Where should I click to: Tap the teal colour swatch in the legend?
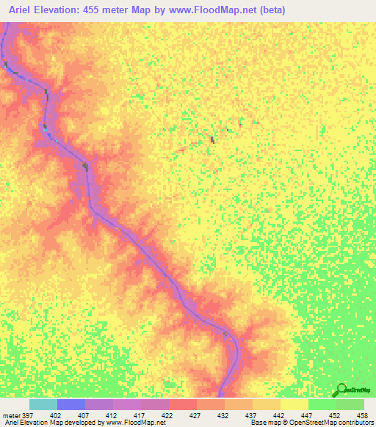coord(43,404)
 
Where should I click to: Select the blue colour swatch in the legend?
coord(70,404)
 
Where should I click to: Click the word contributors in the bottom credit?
coord(352,423)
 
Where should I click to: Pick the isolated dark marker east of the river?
coord(213,139)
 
